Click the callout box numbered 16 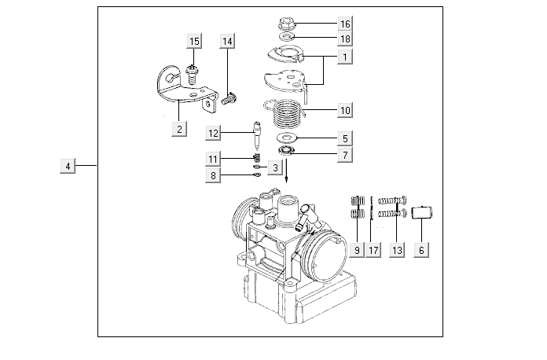pos(345,24)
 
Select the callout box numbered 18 pos(345,39)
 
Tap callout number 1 pos(345,57)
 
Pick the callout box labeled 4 pos(68,166)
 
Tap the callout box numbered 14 pos(228,41)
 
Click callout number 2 pos(180,129)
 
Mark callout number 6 pos(421,250)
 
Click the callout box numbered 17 pos(373,250)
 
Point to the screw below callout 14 pos(229,99)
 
